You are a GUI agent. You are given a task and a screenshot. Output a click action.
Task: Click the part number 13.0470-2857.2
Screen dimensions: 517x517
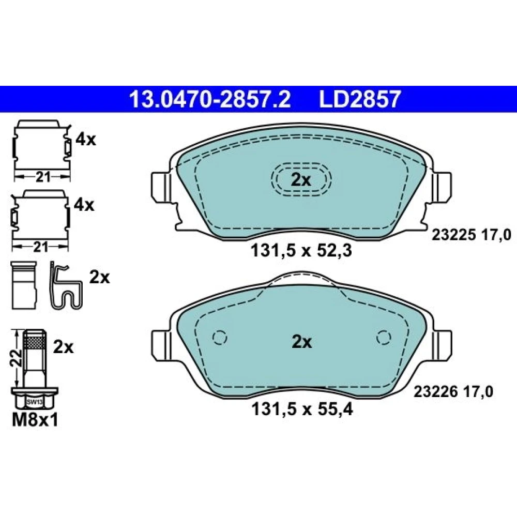pyautogui.click(x=210, y=99)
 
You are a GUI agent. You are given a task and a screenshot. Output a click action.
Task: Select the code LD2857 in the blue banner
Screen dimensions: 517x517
pyautogui.click(x=360, y=99)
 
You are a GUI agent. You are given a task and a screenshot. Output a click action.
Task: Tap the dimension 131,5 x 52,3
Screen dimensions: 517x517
pyautogui.click(x=301, y=251)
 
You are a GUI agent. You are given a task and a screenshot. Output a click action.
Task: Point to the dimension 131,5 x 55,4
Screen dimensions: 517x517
pyautogui.click(x=302, y=409)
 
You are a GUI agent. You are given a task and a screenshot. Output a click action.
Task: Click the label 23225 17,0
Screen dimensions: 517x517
pyautogui.click(x=472, y=235)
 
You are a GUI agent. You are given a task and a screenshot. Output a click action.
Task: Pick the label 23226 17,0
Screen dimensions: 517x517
pyautogui.click(x=453, y=392)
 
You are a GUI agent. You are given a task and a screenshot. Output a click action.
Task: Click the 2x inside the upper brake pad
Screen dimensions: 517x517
pyautogui.click(x=301, y=180)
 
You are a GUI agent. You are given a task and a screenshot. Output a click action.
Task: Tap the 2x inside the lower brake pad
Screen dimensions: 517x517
pyautogui.click(x=301, y=342)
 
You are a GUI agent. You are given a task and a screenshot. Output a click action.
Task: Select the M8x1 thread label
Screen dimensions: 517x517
pyautogui.click(x=35, y=420)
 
